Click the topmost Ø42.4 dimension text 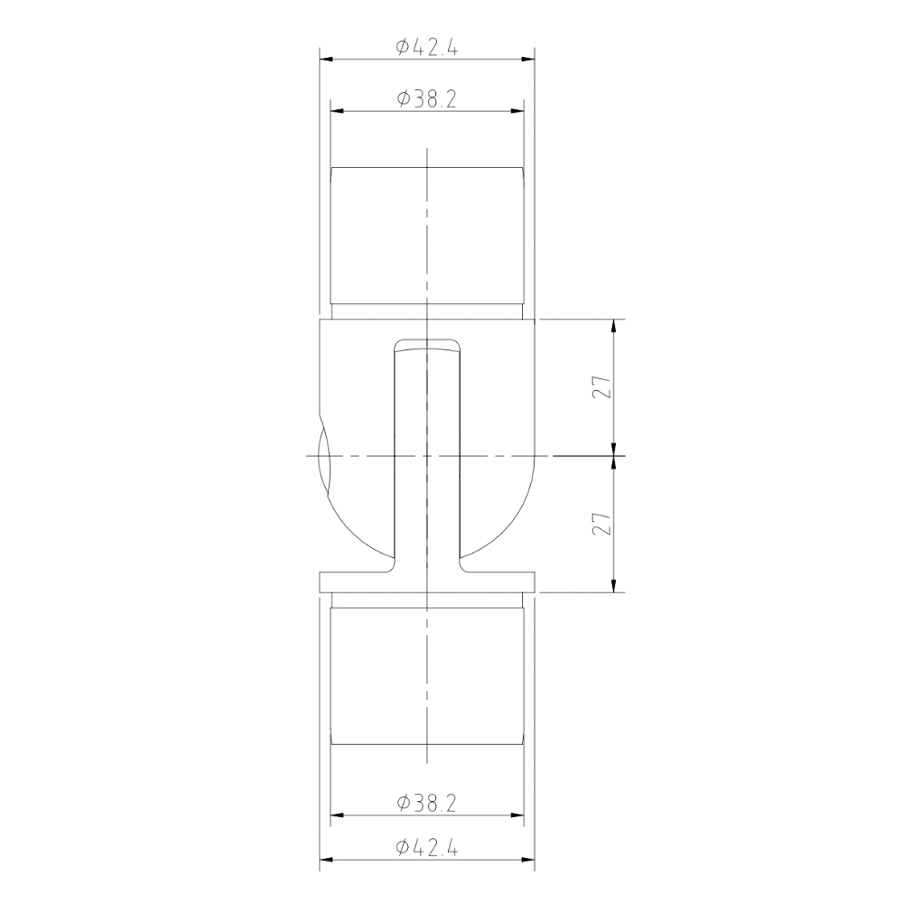(x=426, y=48)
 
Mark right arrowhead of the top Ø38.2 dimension (x=518, y=111)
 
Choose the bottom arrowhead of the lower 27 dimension (x=615, y=588)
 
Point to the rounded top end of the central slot (x=427, y=343)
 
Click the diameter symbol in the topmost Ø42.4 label (x=403, y=48)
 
